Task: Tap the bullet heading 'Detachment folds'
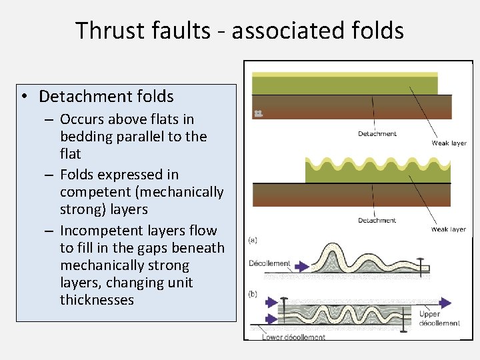[106, 97]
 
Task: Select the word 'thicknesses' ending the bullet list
[97, 300]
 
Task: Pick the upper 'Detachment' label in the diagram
[377, 134]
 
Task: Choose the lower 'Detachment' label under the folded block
[377, 221]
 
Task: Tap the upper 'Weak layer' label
[449, 143]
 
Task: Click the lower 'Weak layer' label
[449, 229]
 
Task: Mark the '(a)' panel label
[253, 239]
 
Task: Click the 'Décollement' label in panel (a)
[269, 263]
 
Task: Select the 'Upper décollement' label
[439, 319]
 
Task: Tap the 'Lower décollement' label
[293, 337]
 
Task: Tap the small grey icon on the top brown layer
[259, 114]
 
